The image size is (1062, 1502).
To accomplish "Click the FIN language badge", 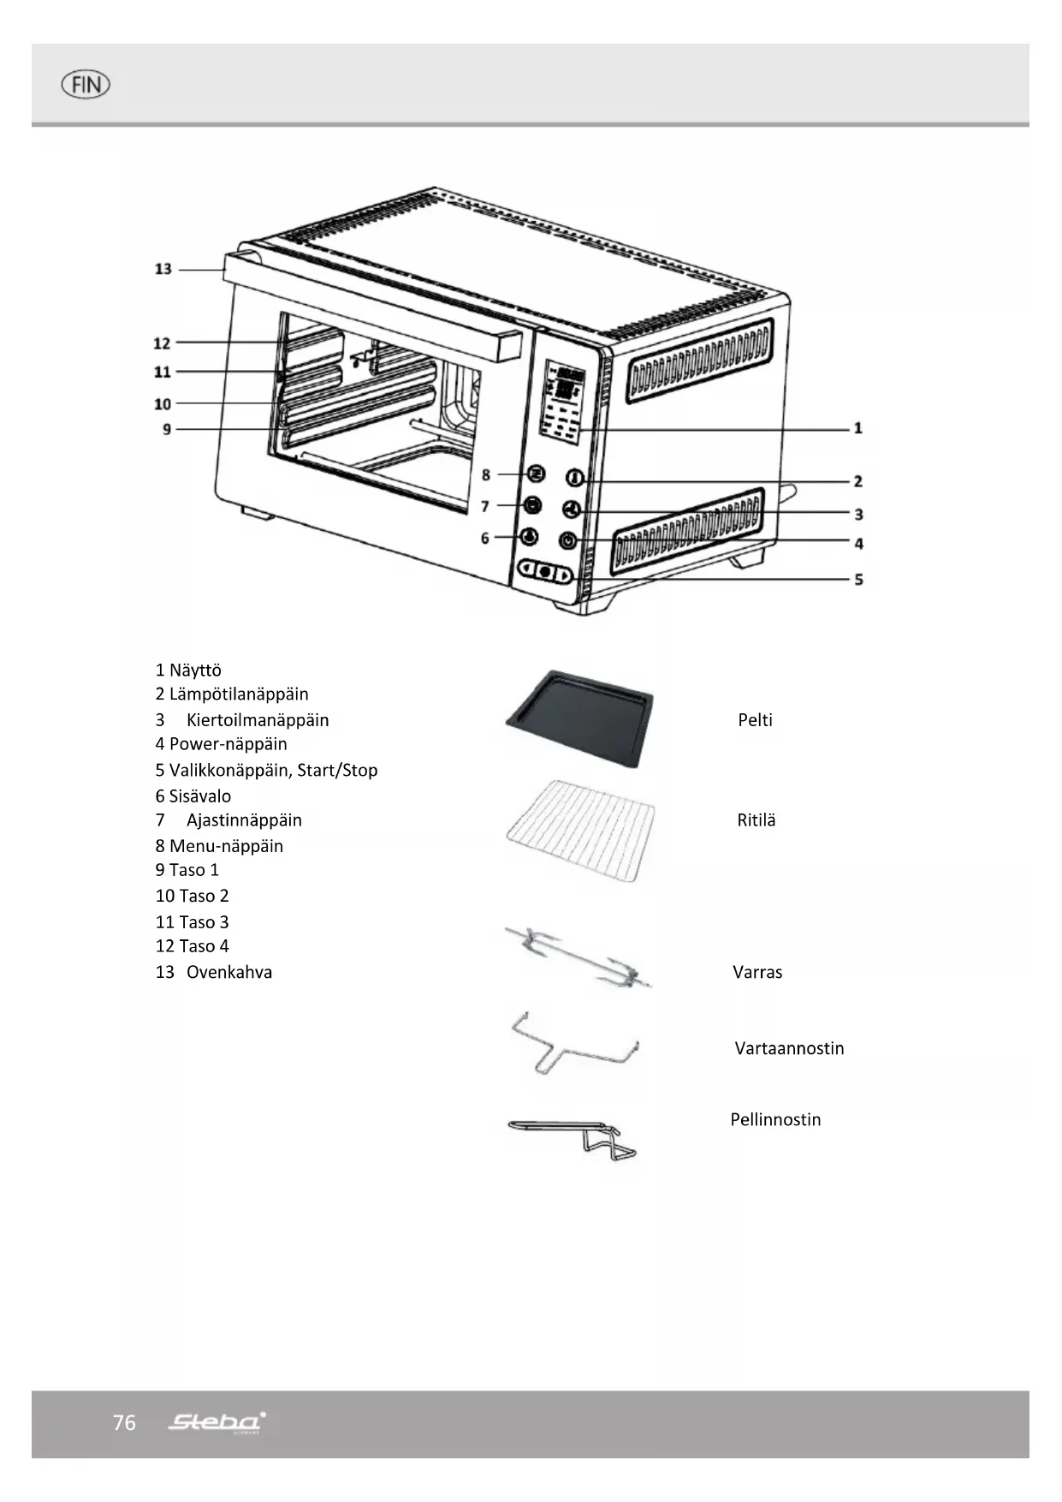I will tap(86, 85).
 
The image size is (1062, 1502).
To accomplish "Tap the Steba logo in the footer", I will tap(217, 1422).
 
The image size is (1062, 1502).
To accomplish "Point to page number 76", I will tap(124, 1422).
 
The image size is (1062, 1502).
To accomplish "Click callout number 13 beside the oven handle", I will tap(163, 269).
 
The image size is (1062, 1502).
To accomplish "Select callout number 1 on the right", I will tap(857, 427).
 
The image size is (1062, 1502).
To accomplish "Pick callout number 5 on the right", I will tap(858, 580).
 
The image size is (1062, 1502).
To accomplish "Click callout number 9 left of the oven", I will tap(166, 429).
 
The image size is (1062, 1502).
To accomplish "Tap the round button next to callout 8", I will tap(536, 474).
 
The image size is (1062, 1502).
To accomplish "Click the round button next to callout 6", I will tap(530, 537).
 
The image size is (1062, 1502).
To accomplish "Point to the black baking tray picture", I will tap(579, 716).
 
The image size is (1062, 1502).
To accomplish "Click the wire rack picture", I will tap(581, 829).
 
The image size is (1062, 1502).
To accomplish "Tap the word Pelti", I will tap(755, 720).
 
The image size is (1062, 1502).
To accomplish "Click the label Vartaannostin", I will tap(789, 1048).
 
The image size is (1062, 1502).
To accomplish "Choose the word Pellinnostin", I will tap(775, 1119).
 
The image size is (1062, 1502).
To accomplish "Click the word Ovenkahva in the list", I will tap(229, 972).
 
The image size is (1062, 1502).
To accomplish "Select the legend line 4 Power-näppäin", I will tap(222, 744).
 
